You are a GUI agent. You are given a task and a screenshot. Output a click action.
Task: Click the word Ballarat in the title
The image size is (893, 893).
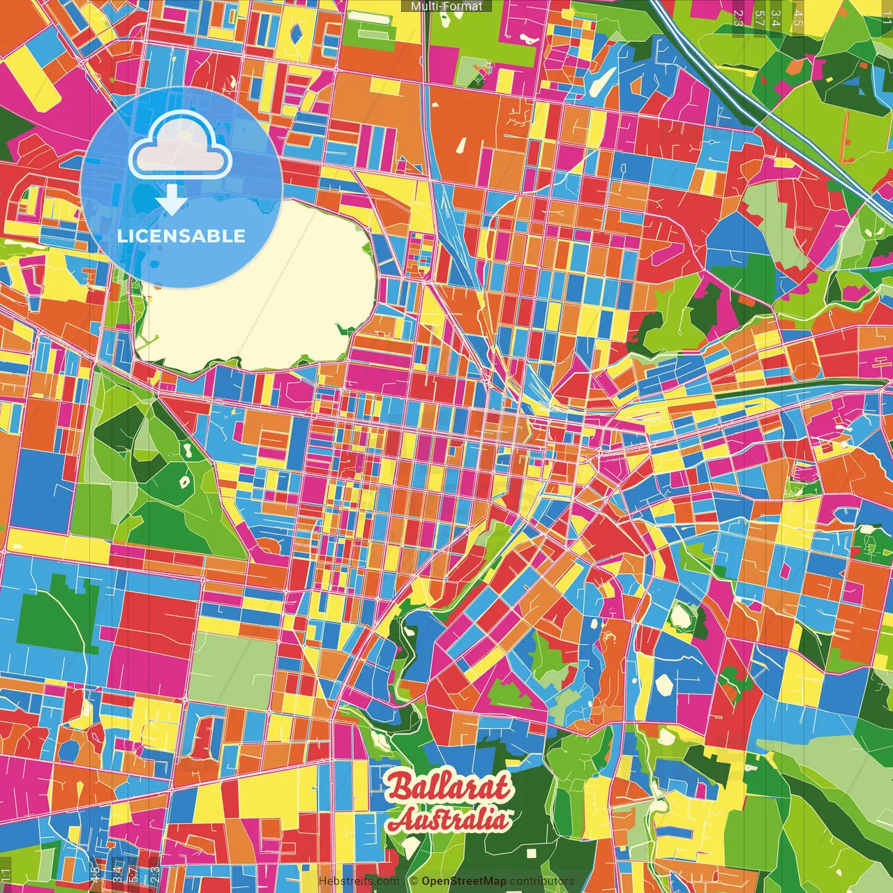448,787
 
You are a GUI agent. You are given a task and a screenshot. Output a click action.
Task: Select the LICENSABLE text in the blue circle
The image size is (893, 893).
181,236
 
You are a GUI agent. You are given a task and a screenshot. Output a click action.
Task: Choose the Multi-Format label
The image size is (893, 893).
446,6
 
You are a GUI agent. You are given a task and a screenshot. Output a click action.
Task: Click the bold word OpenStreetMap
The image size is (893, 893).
463,881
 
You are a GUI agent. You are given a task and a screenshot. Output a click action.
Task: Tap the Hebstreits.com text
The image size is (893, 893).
359,881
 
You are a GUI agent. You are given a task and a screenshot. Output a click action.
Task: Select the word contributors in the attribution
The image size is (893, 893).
542,881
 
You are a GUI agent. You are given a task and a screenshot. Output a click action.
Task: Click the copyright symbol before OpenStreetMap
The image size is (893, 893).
413,881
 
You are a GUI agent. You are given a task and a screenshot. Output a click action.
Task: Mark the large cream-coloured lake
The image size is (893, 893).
258,286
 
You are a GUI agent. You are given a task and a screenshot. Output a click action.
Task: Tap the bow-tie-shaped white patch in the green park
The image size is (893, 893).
185,481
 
